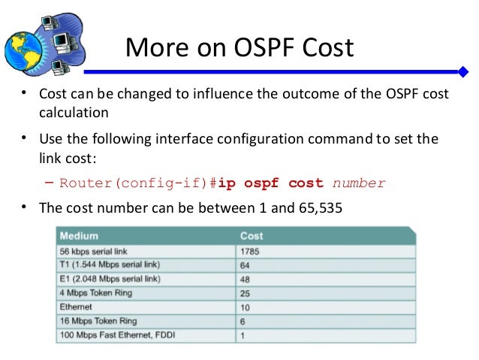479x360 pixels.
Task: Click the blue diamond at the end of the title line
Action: (x=464, y=72)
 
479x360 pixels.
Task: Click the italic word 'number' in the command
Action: (x=359, y=183)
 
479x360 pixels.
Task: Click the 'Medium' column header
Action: (x=79, y=236)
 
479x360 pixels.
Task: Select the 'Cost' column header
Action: (x=252, y=236)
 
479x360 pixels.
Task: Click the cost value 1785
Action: (x=250, y=252)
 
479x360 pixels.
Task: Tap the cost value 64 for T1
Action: (x=246, y=265)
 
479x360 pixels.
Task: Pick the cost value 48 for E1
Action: (x=246, y=279)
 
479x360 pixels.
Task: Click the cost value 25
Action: (x=246, y=293)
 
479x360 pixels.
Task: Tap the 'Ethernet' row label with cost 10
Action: (x=76, y=307)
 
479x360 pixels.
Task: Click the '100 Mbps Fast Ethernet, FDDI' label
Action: (x=113, y=335)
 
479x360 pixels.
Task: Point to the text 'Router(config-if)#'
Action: (x=138, y=183)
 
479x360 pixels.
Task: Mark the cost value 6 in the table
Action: (x=243, y=321)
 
